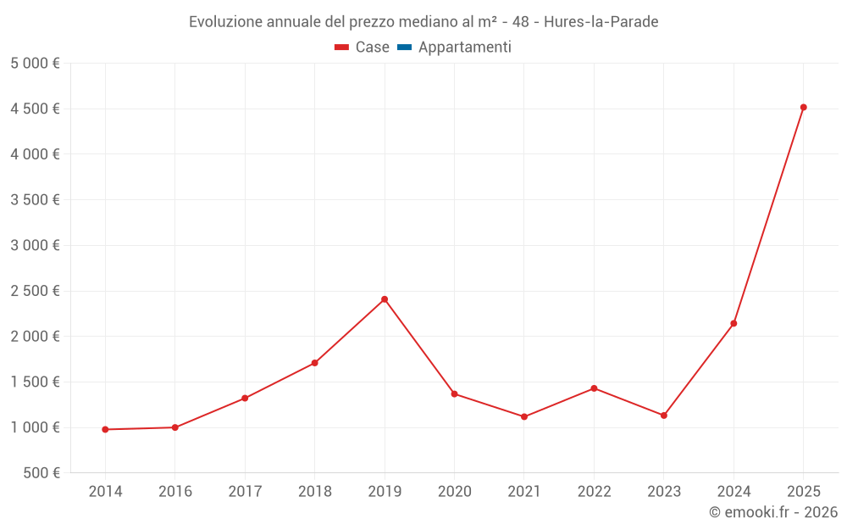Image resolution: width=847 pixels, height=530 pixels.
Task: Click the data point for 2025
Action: click(803, 108)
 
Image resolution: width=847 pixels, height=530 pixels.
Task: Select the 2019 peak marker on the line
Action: click(385, 299)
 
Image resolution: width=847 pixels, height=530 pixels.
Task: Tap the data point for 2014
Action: click(105, 430)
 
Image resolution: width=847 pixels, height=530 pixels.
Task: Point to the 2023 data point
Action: click(664, 416)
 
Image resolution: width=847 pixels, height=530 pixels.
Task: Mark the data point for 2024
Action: click(734, 323)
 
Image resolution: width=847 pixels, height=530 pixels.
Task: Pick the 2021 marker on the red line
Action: click(524, 417)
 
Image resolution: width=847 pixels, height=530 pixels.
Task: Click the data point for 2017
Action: click(245, 399)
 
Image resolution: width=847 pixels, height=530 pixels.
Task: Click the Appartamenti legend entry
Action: click(464, 47)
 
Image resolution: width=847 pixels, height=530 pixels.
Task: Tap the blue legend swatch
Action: click(404, 47)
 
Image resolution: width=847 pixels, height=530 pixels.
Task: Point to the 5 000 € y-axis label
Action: click(35, 64)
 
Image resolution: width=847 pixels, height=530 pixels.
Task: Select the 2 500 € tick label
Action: click(35, 291)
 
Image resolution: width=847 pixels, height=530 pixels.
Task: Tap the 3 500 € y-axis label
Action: click(35, 200)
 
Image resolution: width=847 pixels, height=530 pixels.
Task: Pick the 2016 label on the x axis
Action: click(175, 492)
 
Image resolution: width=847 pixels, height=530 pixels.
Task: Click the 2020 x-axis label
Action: click(454, 492)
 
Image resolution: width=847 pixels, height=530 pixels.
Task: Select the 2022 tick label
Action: click(594, 492)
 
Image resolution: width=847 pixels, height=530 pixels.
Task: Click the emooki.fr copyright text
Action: click(773, 512)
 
